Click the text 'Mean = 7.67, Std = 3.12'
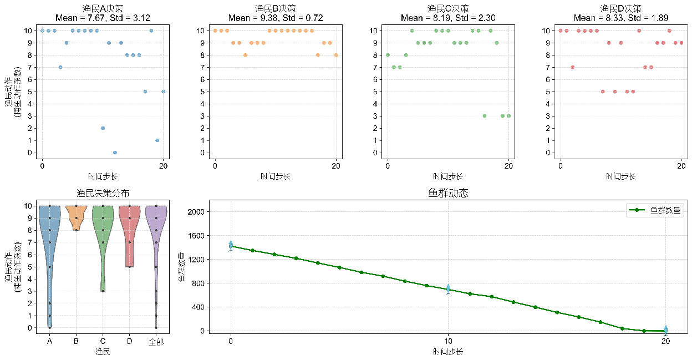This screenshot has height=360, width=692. point(103,18)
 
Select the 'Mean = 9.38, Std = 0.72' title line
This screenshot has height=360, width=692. point(276,18)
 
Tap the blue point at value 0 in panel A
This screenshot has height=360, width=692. point(115,153)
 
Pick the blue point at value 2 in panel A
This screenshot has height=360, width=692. point(103,128)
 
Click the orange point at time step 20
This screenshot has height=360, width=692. point(336,55)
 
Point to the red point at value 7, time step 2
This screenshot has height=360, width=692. point(572,67)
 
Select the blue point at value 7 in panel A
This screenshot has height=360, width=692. point(60,67)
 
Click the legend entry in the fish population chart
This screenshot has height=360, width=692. point(655,210)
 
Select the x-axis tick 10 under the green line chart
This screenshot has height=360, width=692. point(448,342)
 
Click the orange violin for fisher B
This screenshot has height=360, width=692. point(77,216)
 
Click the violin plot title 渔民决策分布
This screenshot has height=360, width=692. point(103,194)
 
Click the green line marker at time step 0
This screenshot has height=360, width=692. point(231,246)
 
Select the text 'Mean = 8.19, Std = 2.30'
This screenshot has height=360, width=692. point(448,18)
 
